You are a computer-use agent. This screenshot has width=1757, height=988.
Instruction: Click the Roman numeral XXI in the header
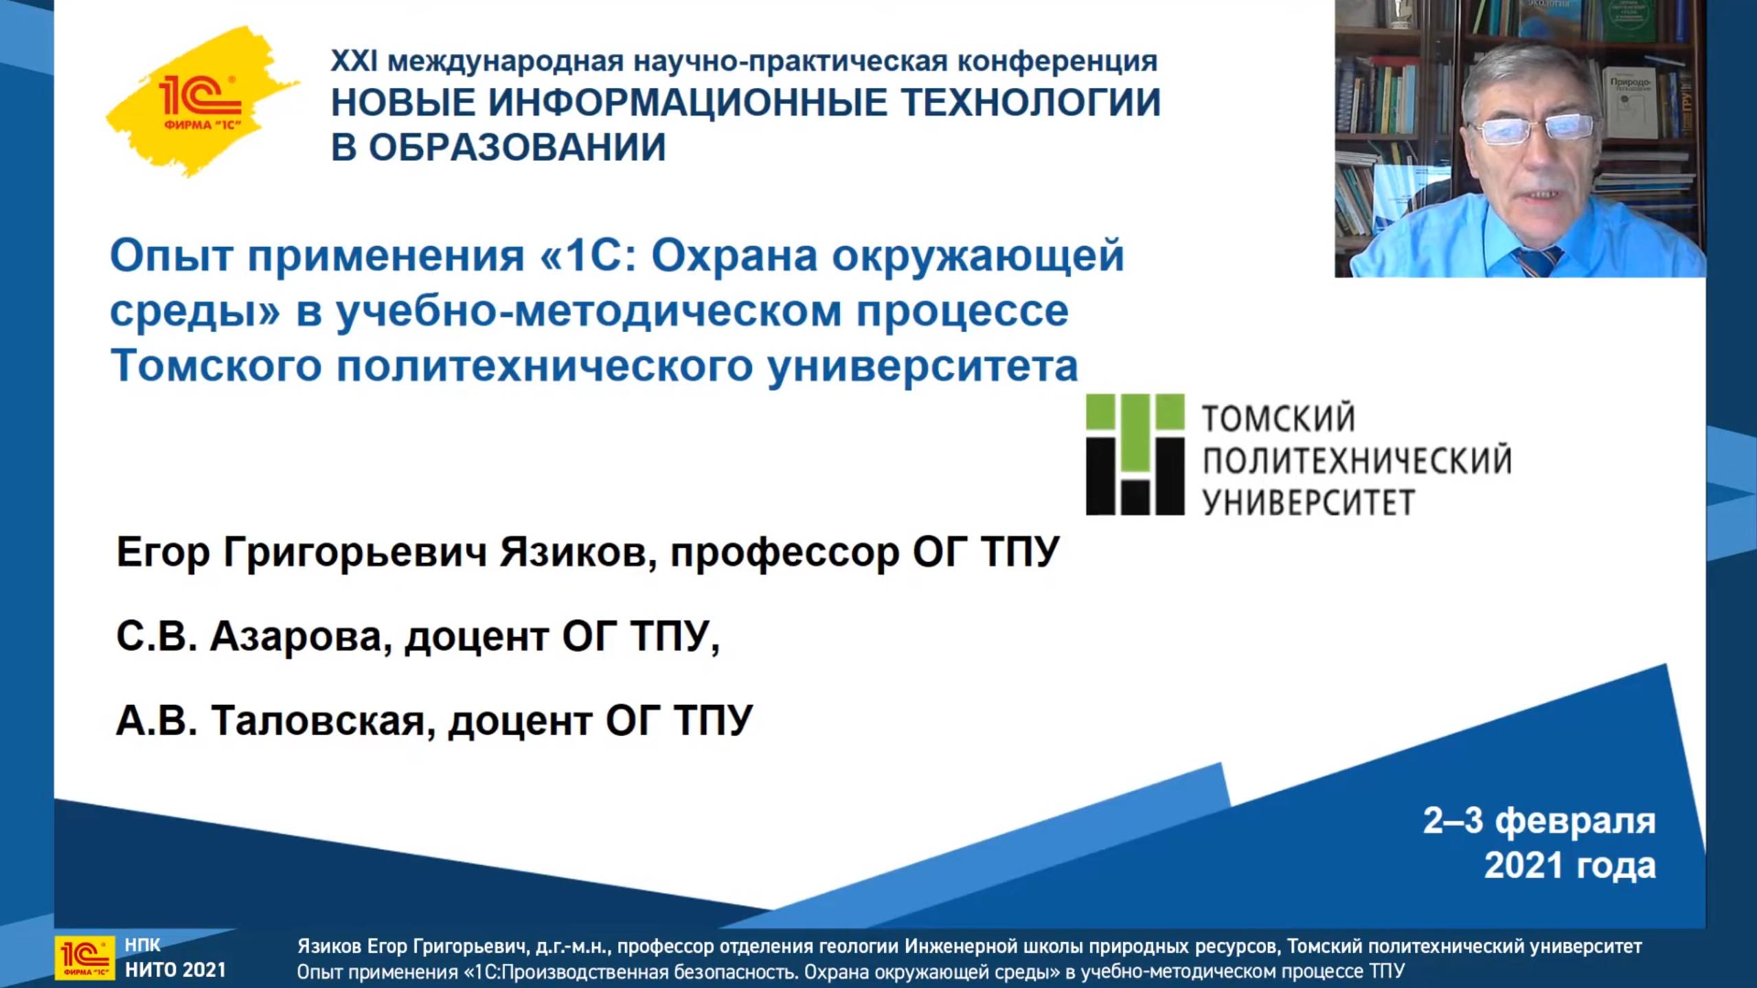(x=354, y=62)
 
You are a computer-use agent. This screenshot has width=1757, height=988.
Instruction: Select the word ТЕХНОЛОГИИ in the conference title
(x=1030, y=103)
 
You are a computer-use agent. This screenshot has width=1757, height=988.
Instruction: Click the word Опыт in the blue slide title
(x=172, y=256)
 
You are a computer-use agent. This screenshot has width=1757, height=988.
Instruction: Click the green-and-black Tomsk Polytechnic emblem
(x=1135, y=454)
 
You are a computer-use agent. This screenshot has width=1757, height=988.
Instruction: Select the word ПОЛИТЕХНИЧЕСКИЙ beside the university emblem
(x=1357, y=460)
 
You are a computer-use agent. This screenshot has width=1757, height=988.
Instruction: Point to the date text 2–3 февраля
(x=1539, y=820)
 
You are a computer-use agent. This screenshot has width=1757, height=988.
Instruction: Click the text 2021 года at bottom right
(x=1569, y=865)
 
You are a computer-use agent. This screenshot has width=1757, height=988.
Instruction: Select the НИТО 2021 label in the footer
(x=175, y=970)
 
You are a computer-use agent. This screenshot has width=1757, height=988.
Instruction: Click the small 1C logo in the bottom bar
(x=85, y=957)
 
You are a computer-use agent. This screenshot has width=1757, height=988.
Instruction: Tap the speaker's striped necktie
(x=1539, y=262)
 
